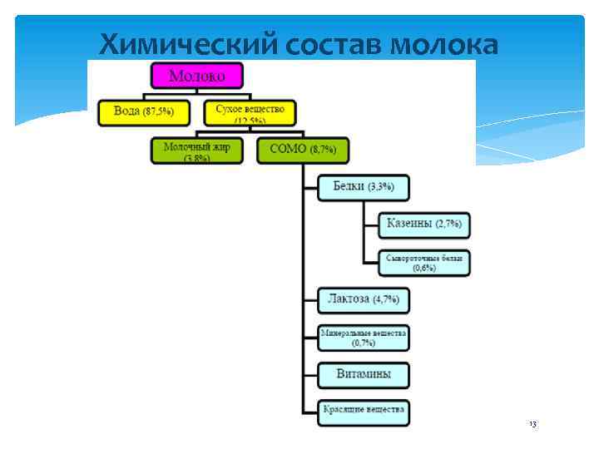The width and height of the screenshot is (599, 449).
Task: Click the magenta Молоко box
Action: [197, 77]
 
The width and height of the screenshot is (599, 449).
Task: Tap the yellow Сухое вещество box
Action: [250, 112]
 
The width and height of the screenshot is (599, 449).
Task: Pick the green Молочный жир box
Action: [196, 150]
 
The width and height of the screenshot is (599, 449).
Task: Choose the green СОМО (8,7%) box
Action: [303, 150]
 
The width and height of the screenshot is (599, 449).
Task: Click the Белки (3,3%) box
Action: [364, 187]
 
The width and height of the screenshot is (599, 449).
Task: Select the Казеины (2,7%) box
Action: [424, 224]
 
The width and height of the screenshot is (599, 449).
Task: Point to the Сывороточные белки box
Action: [424, 262]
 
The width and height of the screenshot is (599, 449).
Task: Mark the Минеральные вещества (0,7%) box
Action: [364, 337]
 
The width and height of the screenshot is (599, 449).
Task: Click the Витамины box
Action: [364, 374]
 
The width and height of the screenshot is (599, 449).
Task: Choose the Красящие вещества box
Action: [364, 411]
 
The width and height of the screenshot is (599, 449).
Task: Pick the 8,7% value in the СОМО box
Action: [323, 151]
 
